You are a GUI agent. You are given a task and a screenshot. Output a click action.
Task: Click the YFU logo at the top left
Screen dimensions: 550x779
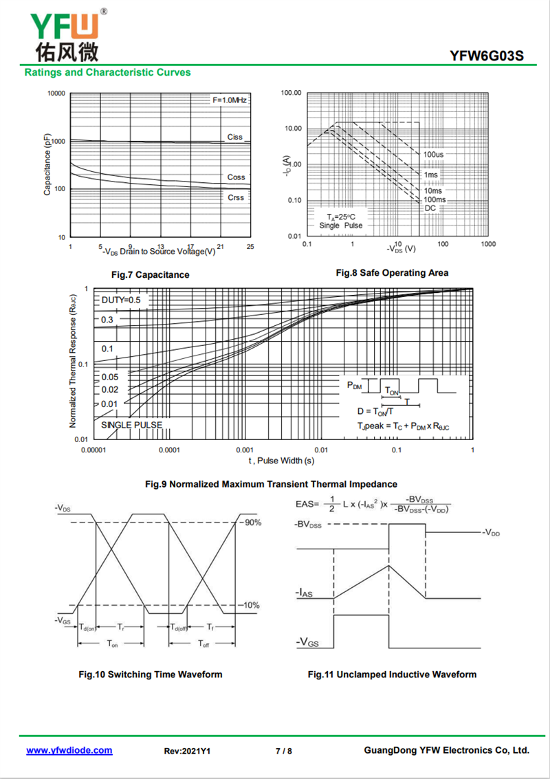pyautogui.click(x=65, y=35)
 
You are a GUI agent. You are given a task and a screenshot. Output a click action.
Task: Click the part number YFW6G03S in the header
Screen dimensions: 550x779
pyautogui.click(x=487, y=55)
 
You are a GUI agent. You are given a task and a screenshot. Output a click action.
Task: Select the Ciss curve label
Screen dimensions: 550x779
pyautogui.click(x=235, y=137)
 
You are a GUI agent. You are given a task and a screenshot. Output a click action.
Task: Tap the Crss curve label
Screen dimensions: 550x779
pyautogui.click(x=236, y=197)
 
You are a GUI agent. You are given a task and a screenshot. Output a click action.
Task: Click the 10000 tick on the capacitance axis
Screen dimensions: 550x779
pyautogui.click(x=56, y=94)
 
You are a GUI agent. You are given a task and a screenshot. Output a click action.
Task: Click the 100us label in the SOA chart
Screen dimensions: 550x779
pyautogui.click(x=433, y=155)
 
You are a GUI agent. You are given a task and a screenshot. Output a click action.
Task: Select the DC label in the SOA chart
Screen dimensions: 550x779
pyautogui.click(x=430, y=208)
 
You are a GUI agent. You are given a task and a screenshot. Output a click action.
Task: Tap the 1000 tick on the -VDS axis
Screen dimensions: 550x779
pyautogui.click(x=488, y=245)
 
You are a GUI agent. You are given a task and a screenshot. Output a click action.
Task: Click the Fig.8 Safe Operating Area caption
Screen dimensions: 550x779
pyautogui.click(x=392, y=273)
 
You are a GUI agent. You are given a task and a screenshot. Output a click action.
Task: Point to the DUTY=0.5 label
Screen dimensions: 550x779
pyautogui.click(x=121, y=300)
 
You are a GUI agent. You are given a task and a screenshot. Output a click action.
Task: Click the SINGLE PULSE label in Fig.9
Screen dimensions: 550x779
pyautogui.click(x=132, y=425)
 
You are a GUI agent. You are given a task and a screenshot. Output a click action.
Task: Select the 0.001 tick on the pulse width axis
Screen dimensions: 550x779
pyautogui.click(x=245, y=450)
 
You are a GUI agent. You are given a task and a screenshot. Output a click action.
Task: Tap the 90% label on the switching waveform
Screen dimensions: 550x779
pyautogui.click(x=252, y=523)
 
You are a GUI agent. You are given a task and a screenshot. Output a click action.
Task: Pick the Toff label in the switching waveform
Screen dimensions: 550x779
pyautogui.click(x=203, y=644)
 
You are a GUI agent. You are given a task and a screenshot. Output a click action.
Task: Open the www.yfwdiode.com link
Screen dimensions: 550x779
pyautogui.click(x=69, y=750)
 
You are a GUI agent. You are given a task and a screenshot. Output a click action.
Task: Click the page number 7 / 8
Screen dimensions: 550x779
pyautogui.click(x=284, y=751)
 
